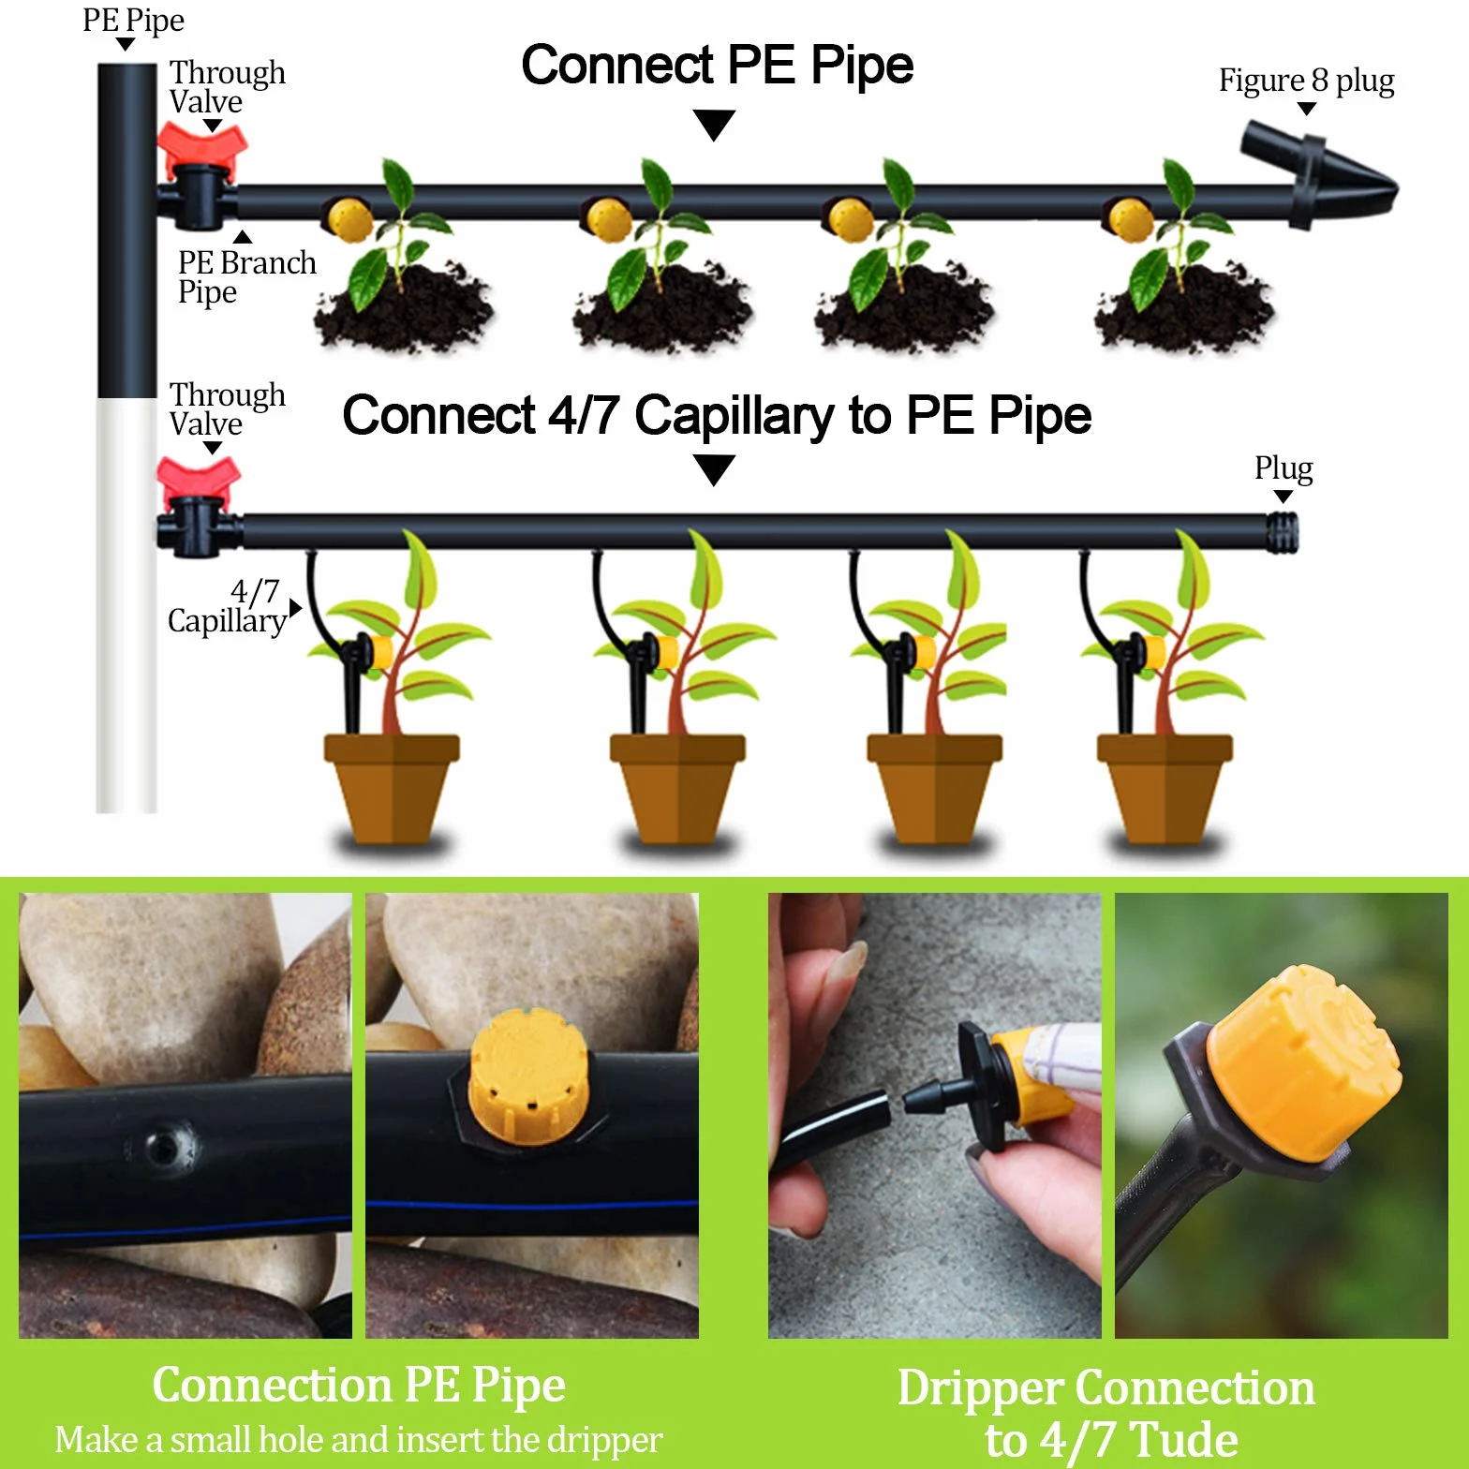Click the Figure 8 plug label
[1306, 81]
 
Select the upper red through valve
[201, 150]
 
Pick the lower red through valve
[198, 483]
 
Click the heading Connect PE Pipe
[717, 66]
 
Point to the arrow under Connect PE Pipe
[714, 125]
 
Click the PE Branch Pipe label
[246, 277]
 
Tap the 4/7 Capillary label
[227, 606]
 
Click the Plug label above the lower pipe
[1284, 467]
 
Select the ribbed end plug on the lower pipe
[1282, 532]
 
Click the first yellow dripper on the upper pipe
[349, 219]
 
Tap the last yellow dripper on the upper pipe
[1128, 219]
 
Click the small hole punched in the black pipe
[165, 1146]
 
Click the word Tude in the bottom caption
[1184, 1439]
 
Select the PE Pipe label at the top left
[133, 21]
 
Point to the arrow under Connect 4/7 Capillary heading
[714, 469]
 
